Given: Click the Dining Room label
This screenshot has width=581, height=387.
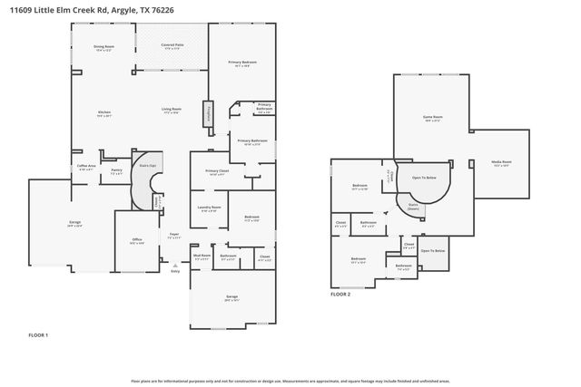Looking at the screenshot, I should pyautogui.click(x=103, y=48).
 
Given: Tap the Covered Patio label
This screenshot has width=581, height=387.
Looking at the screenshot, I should pyautogui.click(x=172, y=45).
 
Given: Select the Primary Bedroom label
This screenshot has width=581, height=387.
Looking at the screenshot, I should pyautogui.click(x=241, y=63).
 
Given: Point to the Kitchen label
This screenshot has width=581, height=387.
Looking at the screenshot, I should pyautogui.click(x=103, y=113).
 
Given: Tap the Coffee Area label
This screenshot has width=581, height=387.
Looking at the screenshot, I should pyautogui.click(x=85, y=167).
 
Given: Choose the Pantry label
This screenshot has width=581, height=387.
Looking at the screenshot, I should pyautogui.click(x=116, y=170).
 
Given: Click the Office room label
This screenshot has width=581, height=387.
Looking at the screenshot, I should pyautogui.click(x=136, y=241).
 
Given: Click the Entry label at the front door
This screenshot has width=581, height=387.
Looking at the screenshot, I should pyautogui.click(x=175, y=271).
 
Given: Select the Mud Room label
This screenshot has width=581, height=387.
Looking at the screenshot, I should pyautogui.click(x=202, y=256).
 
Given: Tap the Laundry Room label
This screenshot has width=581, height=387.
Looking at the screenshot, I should pyautogui.click(x=210, y=208).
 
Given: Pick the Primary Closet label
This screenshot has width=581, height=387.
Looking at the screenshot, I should pyautogui.click(x=216, y=171).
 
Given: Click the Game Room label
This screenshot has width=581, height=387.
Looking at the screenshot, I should pyautogui.click(x=432, y=118).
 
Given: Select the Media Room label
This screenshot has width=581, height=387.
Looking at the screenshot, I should pyautogui.click(x=500, y=163).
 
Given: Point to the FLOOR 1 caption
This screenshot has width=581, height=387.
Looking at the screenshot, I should pyautogui.click(x=38, y=335).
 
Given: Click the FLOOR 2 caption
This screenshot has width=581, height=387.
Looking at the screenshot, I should pyautogui.click(x=340, y=295).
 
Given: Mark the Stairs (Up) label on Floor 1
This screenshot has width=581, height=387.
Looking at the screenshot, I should pyautogui.click(x=144, y=166).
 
